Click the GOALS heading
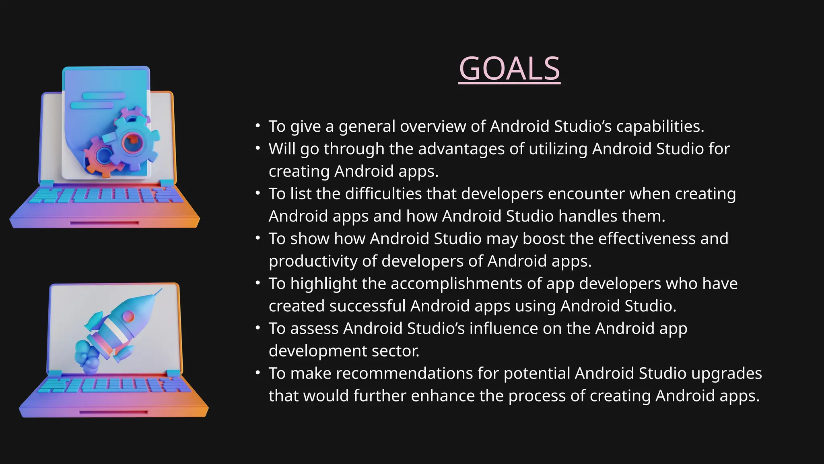(x=509, y=69)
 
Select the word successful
(x=367, y=306)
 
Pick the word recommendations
(x=404, y=373)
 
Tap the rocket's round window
(x=129, y=316)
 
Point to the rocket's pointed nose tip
(x=161, y=290)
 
